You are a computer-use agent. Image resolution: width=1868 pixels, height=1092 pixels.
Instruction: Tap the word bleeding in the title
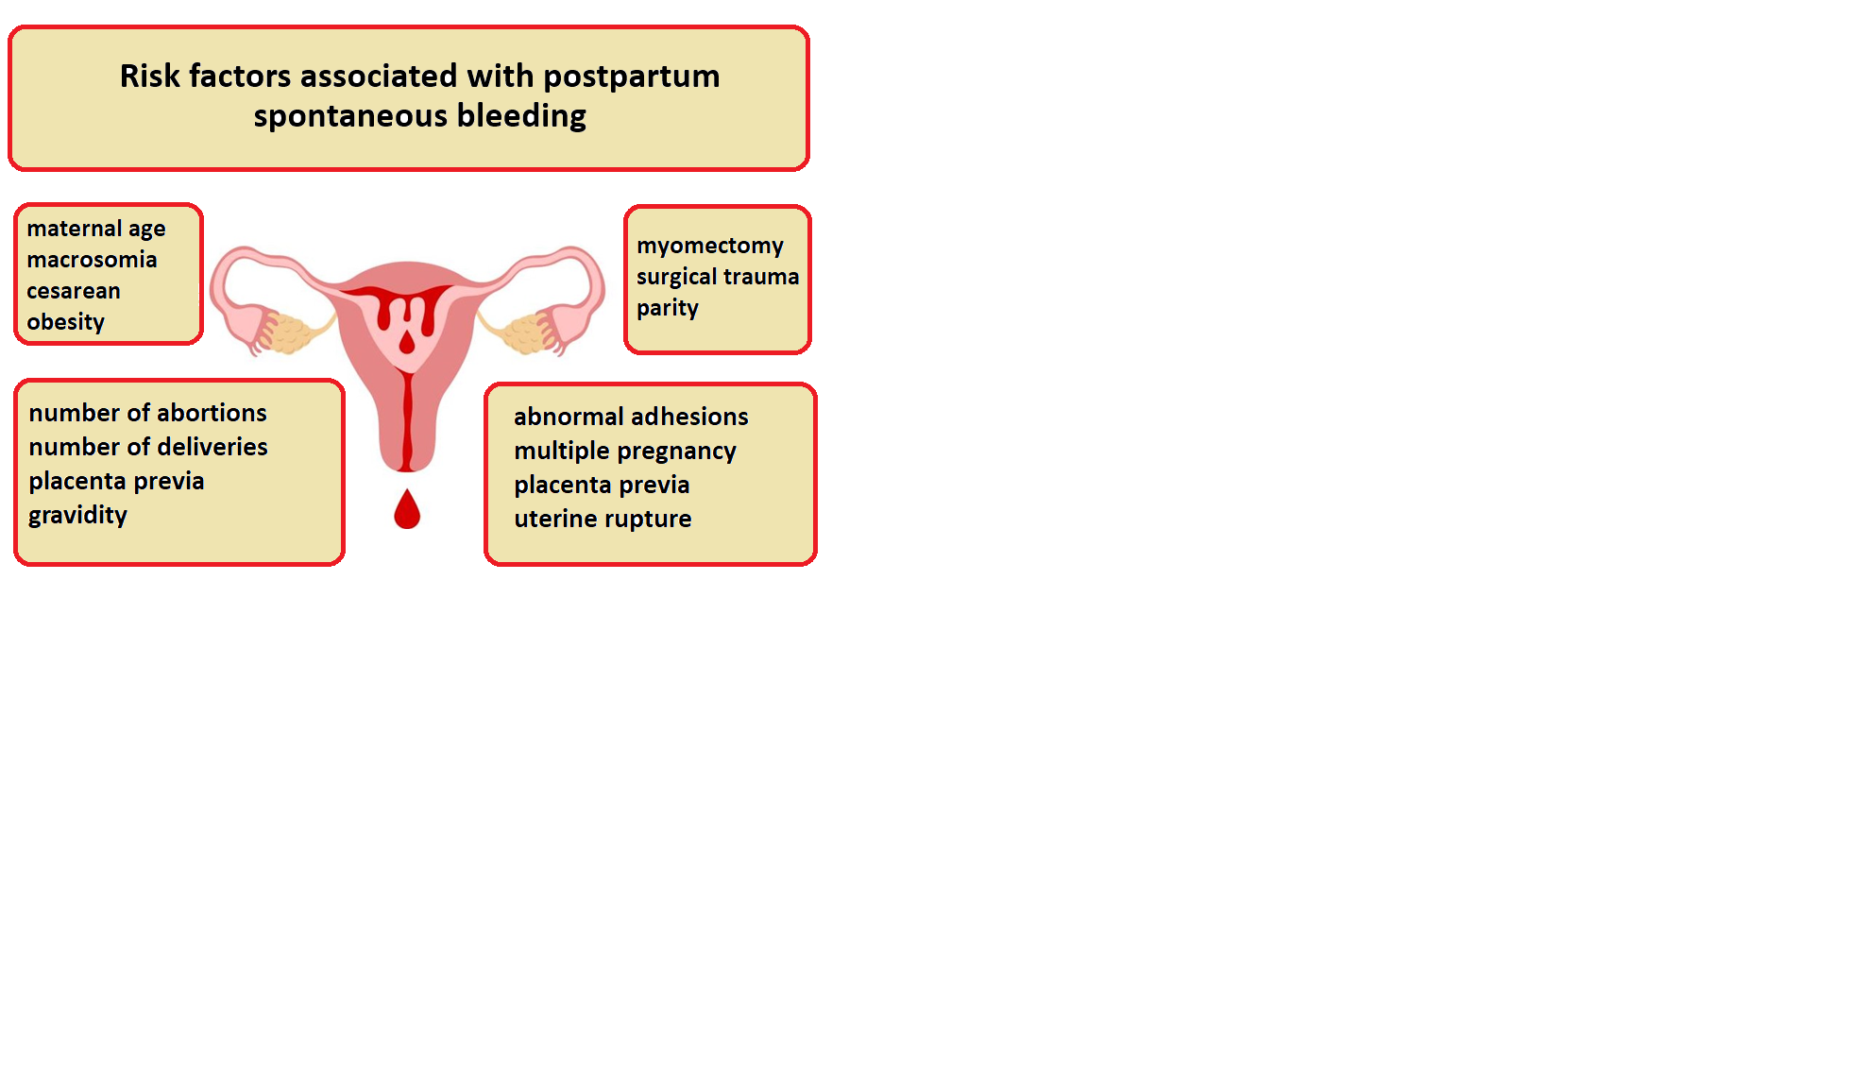521,116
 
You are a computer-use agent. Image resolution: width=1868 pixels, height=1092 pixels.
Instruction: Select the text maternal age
96,230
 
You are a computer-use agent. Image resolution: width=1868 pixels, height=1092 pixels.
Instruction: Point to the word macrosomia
92,260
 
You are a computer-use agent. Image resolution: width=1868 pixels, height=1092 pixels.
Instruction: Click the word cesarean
74,291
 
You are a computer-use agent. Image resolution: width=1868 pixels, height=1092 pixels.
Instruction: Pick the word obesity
65,323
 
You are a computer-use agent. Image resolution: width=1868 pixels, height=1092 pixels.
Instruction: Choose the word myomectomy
710,247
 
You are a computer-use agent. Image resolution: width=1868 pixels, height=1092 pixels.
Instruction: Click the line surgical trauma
718,277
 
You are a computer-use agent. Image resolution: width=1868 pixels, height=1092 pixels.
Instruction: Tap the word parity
668,309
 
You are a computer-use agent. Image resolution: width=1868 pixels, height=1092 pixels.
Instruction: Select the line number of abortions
147,413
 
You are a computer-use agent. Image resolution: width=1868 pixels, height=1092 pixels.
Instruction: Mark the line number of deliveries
148,447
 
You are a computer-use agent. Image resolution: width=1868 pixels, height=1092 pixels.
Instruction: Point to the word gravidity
77,516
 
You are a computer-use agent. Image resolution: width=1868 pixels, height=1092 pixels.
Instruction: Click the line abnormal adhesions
631,417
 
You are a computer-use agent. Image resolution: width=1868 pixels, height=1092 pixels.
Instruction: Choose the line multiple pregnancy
625,452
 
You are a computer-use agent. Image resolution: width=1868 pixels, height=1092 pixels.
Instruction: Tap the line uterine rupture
603,520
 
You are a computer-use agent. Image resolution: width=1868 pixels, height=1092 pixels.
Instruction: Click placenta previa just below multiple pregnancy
602,486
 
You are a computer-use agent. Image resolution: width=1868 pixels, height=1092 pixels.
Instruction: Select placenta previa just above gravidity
116,482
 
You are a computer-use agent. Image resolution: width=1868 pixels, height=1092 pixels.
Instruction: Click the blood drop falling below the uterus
407,509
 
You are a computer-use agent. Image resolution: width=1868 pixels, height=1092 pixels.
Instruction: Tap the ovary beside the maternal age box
289,333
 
